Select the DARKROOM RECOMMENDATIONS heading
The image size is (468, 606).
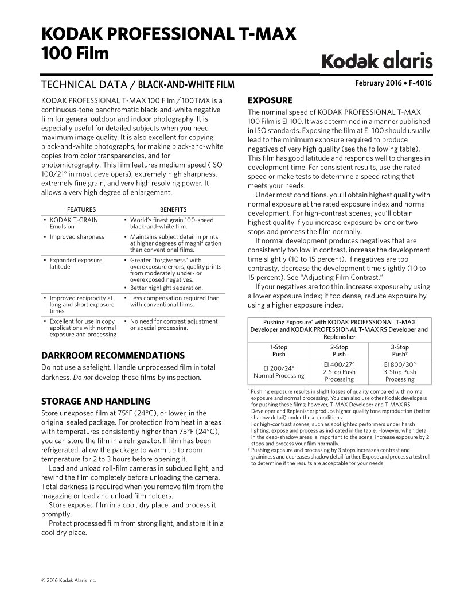[x=113, y=356]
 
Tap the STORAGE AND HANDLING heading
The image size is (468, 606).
[x=96, y=401]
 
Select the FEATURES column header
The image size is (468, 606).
[x=81, y=209]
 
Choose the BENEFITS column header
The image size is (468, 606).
[x=173, y=209]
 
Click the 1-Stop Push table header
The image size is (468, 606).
[x=278, y=351]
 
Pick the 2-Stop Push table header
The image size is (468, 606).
[x=339, y=351]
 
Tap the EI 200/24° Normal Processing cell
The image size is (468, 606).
[x=279, y=371]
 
